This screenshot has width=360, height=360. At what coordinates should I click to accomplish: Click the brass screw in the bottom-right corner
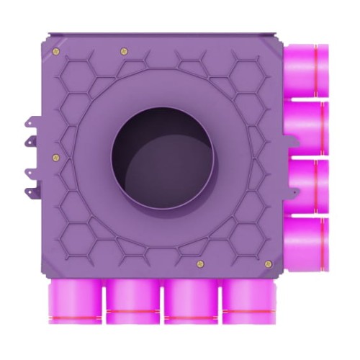pos(269,264)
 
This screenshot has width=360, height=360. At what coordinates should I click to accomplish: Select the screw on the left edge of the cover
pos(56,157)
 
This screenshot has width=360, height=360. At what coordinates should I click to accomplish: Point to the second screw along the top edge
pos(124,50)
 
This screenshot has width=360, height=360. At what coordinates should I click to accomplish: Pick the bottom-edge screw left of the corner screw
pos(200,264)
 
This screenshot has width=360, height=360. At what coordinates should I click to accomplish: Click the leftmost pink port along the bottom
pos(75,302)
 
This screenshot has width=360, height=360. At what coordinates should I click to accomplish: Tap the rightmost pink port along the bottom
pos(247,302)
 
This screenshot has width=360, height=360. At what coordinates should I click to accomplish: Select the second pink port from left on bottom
pos(132,302)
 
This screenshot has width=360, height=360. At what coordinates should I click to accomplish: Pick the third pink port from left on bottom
pos(190,302)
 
